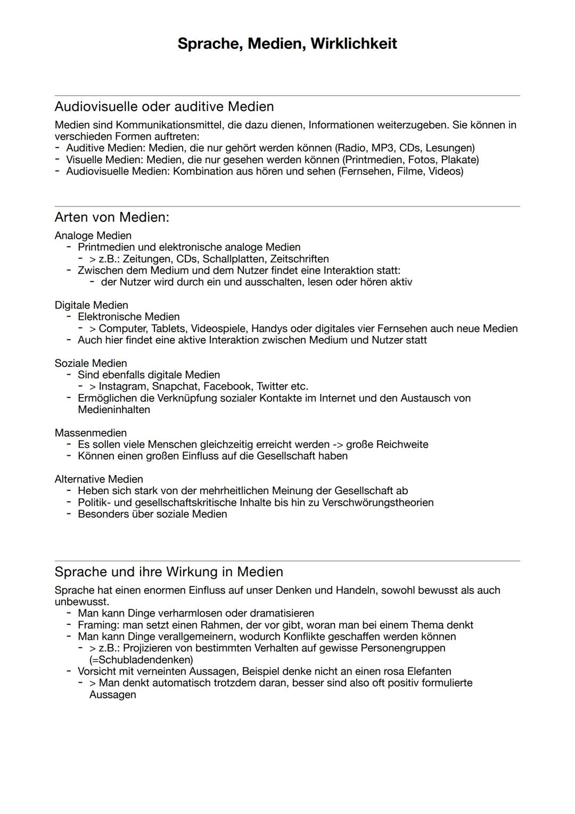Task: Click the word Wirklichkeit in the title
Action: [354, 44]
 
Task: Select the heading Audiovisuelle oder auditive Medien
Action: [164, 107]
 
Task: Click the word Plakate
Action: [459, 160]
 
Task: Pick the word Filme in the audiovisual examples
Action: [410, 172]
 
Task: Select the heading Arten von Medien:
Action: [112, 217]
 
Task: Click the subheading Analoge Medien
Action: [93, 236]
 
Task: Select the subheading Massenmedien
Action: [91, 433]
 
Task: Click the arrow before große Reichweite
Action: [337, 445]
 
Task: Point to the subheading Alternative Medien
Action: [98, 479]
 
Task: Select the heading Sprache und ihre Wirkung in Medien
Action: [169, 572]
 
